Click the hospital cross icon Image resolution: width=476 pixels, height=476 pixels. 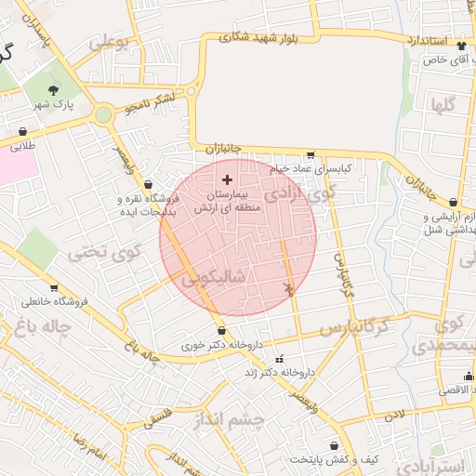pos(228,178)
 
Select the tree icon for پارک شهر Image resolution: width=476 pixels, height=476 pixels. pos(53,90)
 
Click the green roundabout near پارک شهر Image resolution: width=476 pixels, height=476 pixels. pos(103,114)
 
